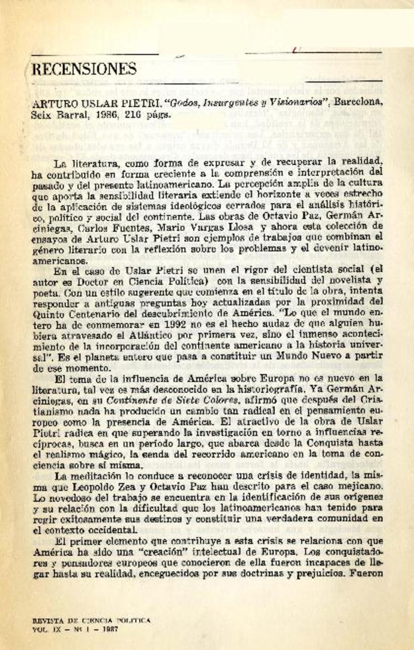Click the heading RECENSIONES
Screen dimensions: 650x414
pos(84,69)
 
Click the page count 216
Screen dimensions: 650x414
pos(136,114)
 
